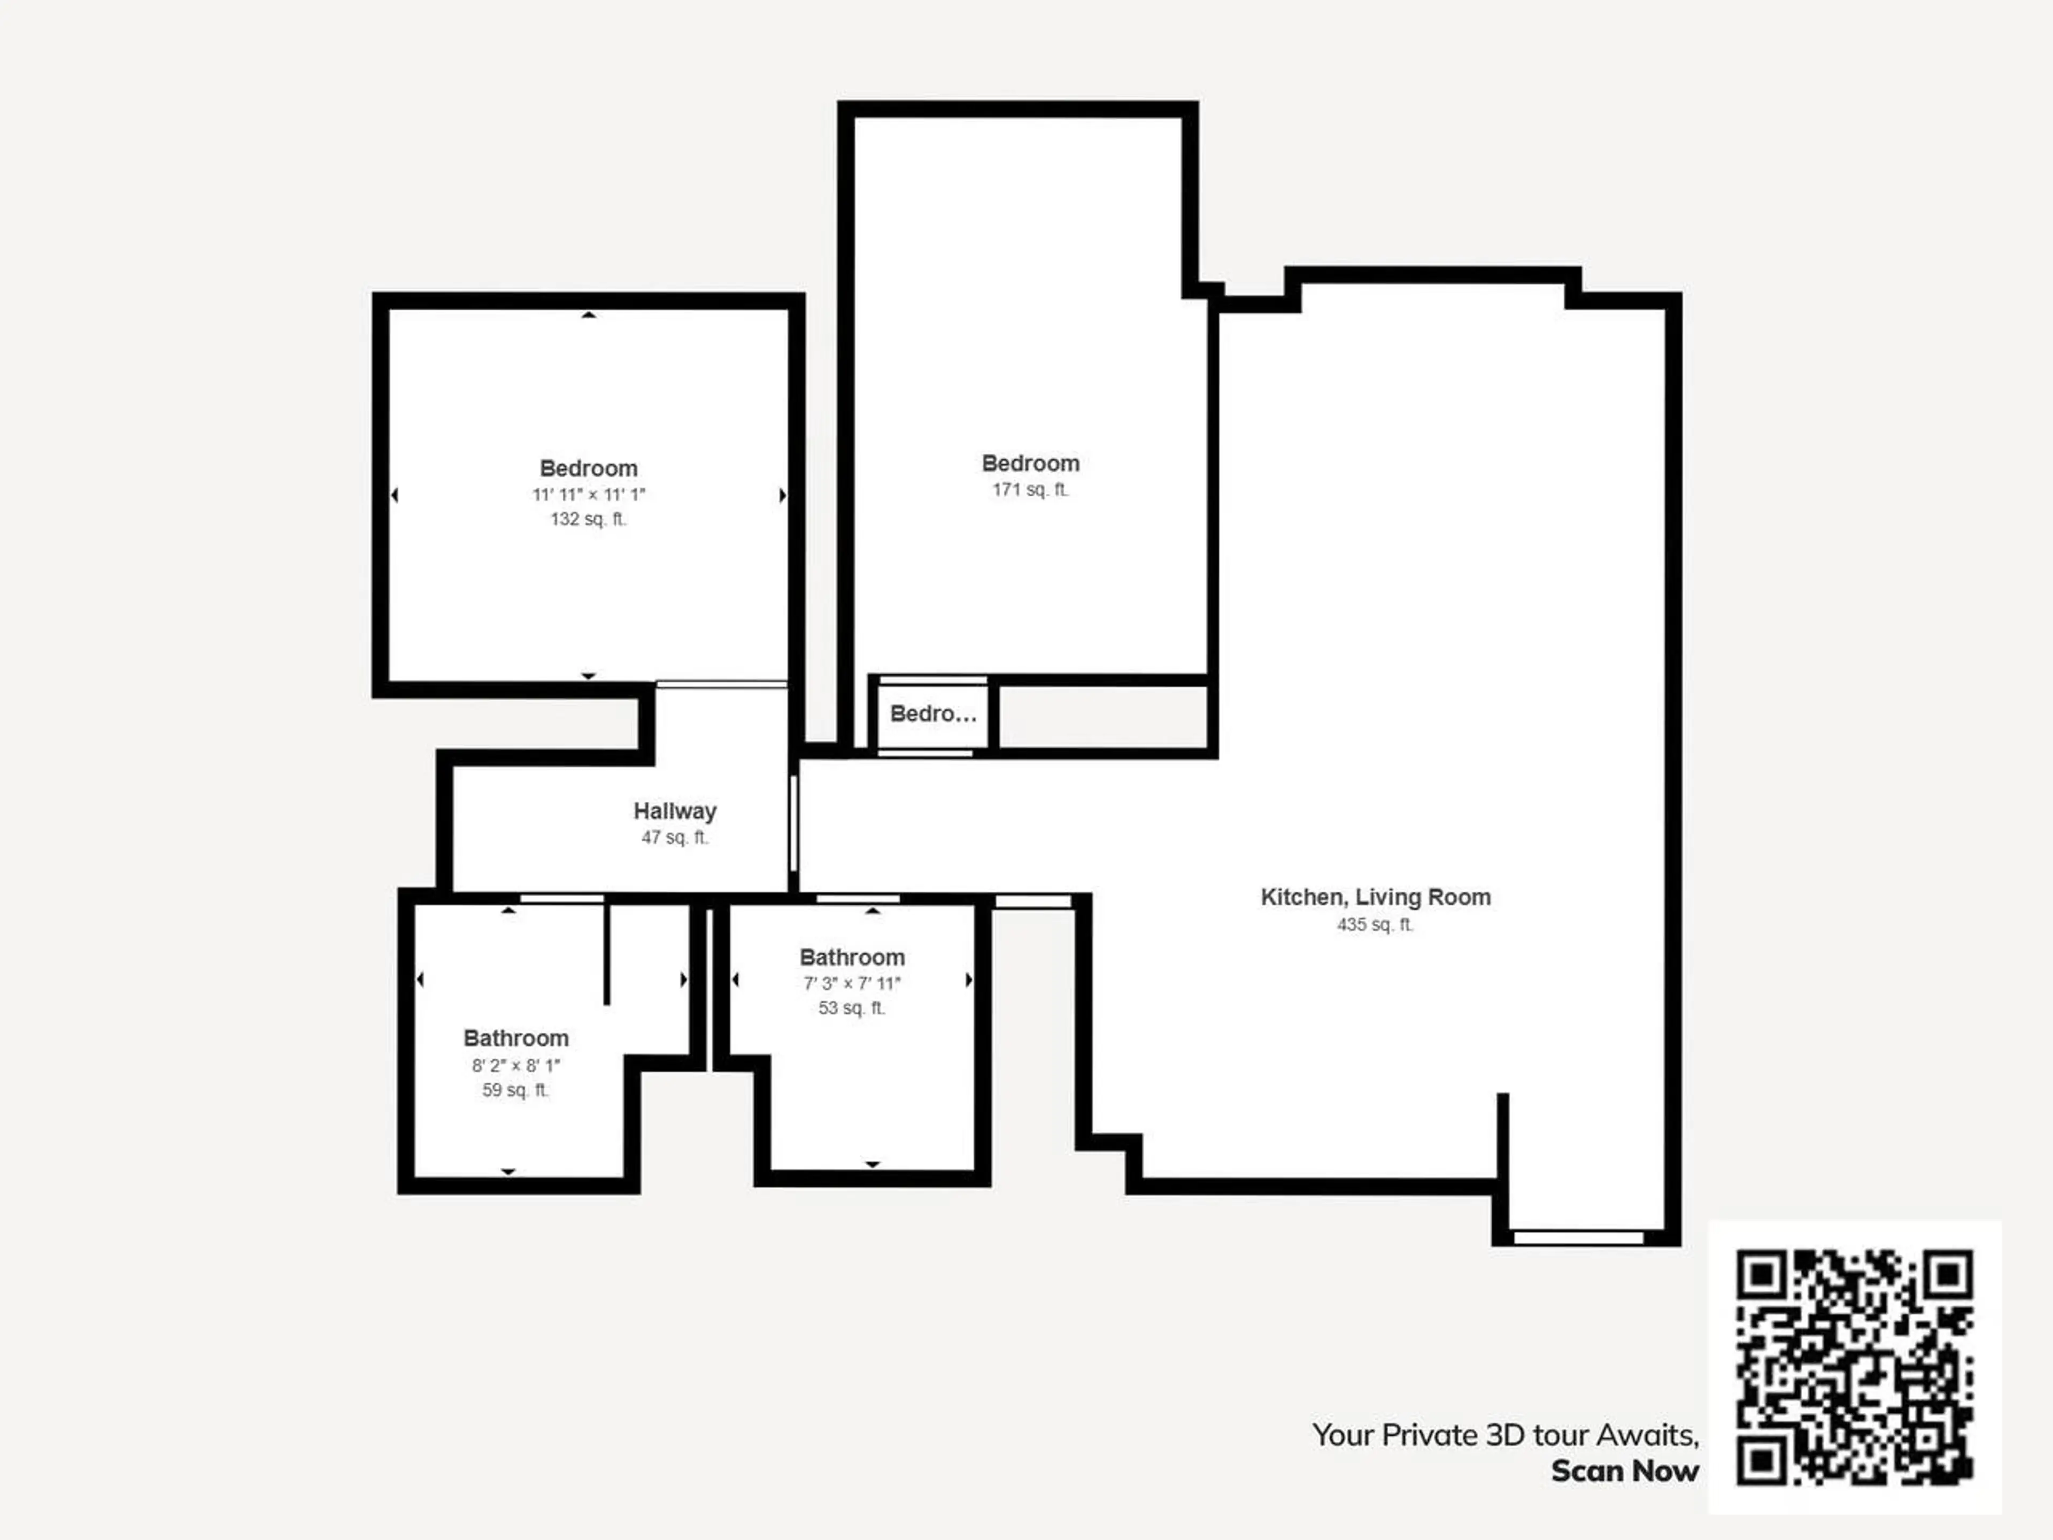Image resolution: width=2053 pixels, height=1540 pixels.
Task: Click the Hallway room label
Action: (675, 811)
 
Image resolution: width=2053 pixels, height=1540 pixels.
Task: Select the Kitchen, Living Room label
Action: (1376, 898)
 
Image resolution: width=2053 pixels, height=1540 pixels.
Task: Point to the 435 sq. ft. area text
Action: (1376, 925)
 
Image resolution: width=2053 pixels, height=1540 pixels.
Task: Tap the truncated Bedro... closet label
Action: (933, 714)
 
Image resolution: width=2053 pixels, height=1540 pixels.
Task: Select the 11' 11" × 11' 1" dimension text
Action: (589, 495)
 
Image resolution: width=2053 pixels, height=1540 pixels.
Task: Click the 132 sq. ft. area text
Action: (589, 519)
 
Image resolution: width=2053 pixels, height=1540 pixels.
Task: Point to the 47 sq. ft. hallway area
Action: (675, 837)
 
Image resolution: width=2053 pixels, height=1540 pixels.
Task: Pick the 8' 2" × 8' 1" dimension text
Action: (516, 1066)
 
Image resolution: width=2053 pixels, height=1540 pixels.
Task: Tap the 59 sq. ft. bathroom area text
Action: (516, 1090)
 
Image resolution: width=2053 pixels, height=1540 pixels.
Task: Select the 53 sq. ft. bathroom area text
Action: (852, 1008)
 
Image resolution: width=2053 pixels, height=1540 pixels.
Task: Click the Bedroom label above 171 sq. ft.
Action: (1030, 463)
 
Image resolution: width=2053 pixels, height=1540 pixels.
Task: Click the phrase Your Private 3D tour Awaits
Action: (1504, 1435)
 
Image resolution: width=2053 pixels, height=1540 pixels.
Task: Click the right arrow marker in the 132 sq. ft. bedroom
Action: (782, 496)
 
